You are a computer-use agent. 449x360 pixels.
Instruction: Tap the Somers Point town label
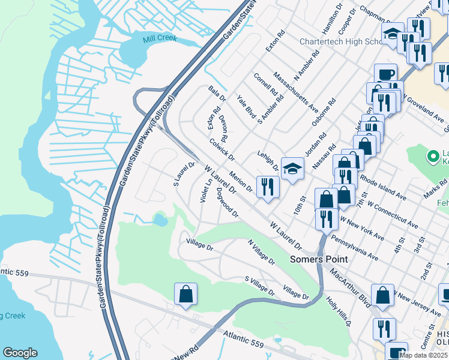click(x=319, y=259)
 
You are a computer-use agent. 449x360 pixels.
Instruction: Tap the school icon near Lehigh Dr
click(x=292, y=169)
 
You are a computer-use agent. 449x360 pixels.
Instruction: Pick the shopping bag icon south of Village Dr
click(x=185, y=294)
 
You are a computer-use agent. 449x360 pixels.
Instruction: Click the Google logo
click(x=20, y=353)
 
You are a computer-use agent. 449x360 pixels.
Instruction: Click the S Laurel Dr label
click(x=185, y=172)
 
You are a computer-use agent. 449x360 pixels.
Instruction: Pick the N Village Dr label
click(x=261, y=253)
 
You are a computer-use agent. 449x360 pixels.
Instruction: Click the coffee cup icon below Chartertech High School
click(x=385, y=74)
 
